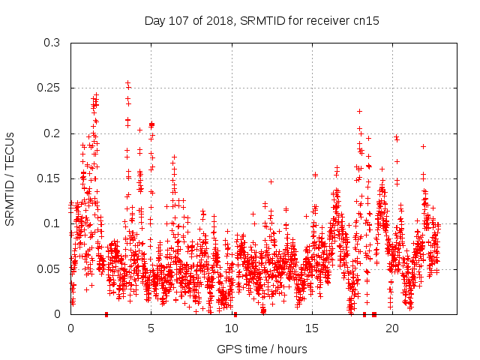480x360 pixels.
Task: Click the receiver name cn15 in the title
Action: pos(364,21)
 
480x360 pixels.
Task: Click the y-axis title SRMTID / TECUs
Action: pos(10,178)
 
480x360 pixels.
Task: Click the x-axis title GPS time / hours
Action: pos(262,349)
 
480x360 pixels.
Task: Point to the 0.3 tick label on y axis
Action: pos(52,43)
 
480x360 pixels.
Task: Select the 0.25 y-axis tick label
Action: pos(49,88)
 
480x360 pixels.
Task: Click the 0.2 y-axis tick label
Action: pos(52,133)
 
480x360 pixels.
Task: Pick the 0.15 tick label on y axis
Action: pos(49,178)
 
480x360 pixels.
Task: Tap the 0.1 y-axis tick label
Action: pos(52,223)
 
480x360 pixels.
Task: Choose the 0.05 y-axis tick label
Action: pos(49,268)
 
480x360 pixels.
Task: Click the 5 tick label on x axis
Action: pos(151,328)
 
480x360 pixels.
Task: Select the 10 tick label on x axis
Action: pos(232,328)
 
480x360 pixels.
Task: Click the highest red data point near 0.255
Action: pos(127,83)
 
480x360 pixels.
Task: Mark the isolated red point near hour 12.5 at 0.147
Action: pos(271,181)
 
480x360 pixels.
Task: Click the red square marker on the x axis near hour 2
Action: pos(106,314)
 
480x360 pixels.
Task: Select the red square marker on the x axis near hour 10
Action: pos(235,314)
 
